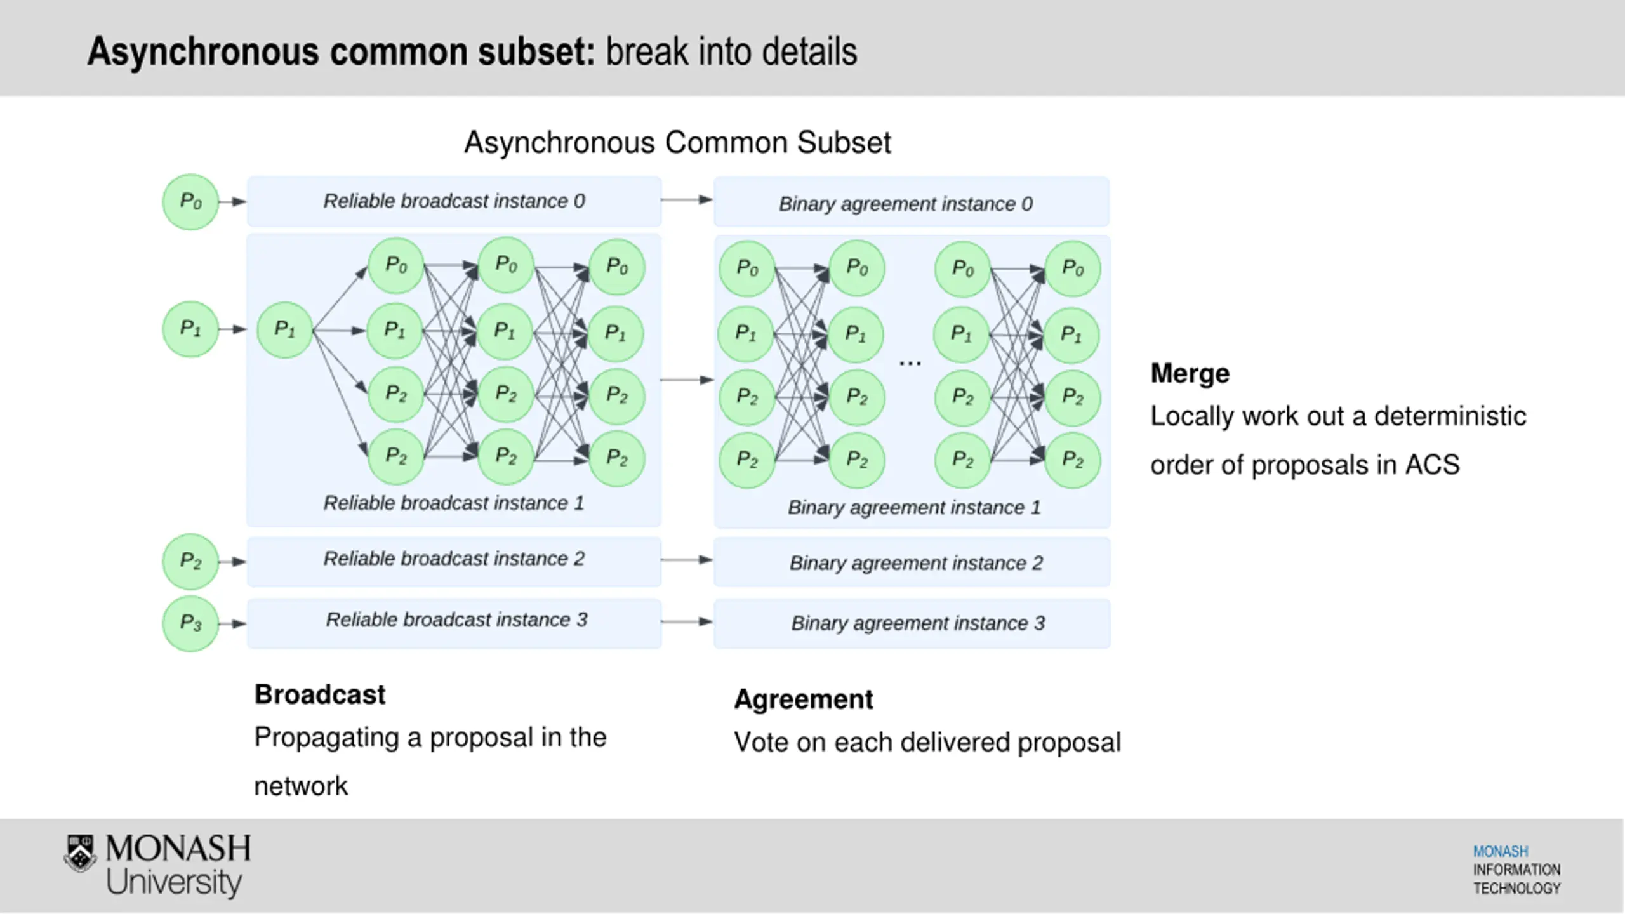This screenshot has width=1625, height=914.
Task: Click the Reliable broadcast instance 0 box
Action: (454, 201)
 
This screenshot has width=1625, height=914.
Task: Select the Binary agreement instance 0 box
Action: (912, 202)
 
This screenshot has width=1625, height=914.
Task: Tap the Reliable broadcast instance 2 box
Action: (454, 562)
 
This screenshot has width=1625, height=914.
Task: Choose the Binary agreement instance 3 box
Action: (912, 623)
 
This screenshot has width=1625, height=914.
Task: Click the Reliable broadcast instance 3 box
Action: (454, 623)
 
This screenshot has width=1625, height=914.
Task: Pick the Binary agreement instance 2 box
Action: (912, 562)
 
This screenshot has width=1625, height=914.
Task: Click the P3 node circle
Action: (190, 623)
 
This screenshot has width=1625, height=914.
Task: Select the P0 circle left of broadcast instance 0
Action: (190, 202)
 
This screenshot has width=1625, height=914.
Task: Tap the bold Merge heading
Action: (1190, 373)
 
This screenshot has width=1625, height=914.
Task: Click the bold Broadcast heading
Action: (320, 694)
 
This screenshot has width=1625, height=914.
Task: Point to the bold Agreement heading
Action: (804, 699)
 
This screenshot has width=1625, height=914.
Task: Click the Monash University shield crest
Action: (81, 853)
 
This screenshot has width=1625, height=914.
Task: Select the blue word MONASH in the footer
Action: (1501, 851)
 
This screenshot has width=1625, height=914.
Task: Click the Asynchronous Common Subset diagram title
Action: (677, 142)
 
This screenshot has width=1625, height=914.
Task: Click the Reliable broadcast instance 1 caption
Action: (454, 503)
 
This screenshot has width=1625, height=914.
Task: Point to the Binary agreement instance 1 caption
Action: (914, 507)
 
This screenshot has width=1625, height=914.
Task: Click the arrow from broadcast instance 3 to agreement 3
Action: (687, 621)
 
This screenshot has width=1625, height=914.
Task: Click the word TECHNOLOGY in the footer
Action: (1516, 888)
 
